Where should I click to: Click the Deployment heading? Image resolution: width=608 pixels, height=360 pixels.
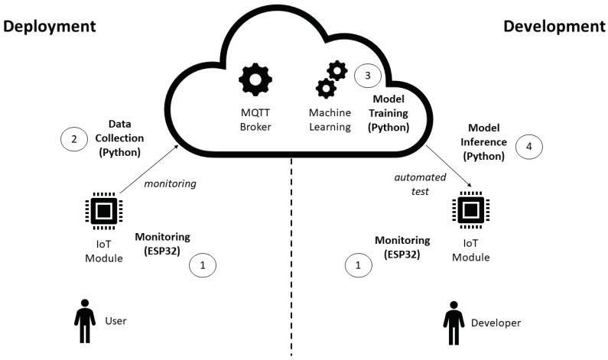pyautogui.click(x=50, y=26)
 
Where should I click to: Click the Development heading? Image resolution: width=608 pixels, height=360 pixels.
pyautogui.click(x=554, y=26)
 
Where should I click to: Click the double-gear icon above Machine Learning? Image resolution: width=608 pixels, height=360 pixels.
pyautogui.click(x=330, y=79)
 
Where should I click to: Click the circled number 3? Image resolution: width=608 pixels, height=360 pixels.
pyautogui.click(x=367, y=76)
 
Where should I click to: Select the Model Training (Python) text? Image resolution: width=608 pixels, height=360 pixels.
pyautogui.click(x=390, y=112)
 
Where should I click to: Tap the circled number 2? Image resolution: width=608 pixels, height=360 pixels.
pyautogui.click(x=74, y=138)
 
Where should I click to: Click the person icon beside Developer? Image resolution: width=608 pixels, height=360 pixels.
pyautogui.click(x=454, y=323)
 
